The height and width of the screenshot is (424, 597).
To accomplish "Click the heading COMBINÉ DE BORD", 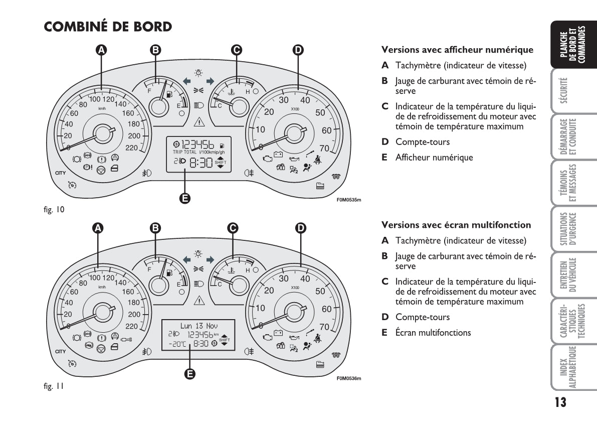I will click(108, 27).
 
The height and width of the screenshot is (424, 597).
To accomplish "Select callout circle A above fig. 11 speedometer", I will click(98, 228).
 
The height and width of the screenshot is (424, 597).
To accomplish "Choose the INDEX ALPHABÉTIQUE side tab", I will click(567, 368).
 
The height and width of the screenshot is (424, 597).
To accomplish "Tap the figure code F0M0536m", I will click(349, 378).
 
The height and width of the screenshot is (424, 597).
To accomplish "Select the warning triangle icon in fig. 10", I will click(199, 121).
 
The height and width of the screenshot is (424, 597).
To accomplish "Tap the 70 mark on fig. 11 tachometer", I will click(324, 327).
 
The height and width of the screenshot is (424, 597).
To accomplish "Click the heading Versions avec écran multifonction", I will click(456, 225).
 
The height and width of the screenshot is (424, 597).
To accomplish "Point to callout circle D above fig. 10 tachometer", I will click(298, 50).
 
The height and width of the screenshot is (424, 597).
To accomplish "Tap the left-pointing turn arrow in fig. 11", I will click(186, 259).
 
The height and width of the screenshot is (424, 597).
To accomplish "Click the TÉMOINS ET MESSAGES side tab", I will click(567, 184).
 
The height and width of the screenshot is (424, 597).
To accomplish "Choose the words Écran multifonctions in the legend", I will click(433, 332).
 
